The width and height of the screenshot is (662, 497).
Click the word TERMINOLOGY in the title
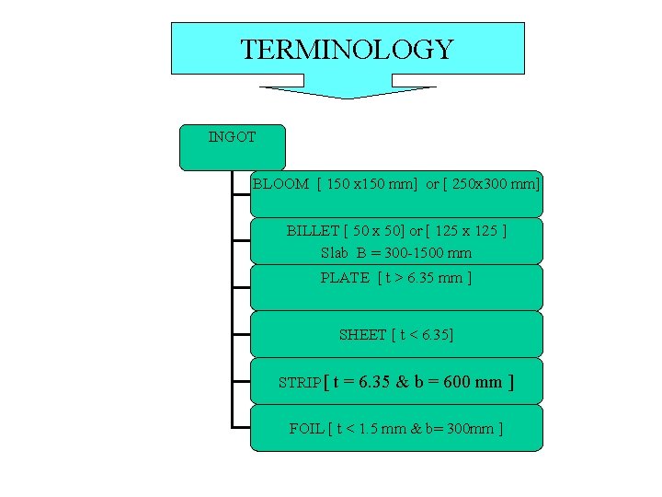(x=347, y=49)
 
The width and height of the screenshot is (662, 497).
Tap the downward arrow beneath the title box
(x=347, y=92)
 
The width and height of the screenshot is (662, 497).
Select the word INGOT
(x=232, y=137)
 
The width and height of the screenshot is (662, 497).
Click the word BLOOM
(x=280, y=184)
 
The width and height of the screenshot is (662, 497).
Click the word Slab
(x=336, y=252)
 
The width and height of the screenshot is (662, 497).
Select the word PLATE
(x=345, y=277)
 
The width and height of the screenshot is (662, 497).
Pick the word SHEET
(x=362, y=335)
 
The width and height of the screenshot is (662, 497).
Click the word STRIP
(x=300, y=383)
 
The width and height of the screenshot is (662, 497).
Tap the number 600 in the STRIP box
(x=457, y=381)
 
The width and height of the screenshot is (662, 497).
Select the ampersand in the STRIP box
(x=402, y=381)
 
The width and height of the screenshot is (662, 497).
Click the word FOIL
(x=305, y=428)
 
